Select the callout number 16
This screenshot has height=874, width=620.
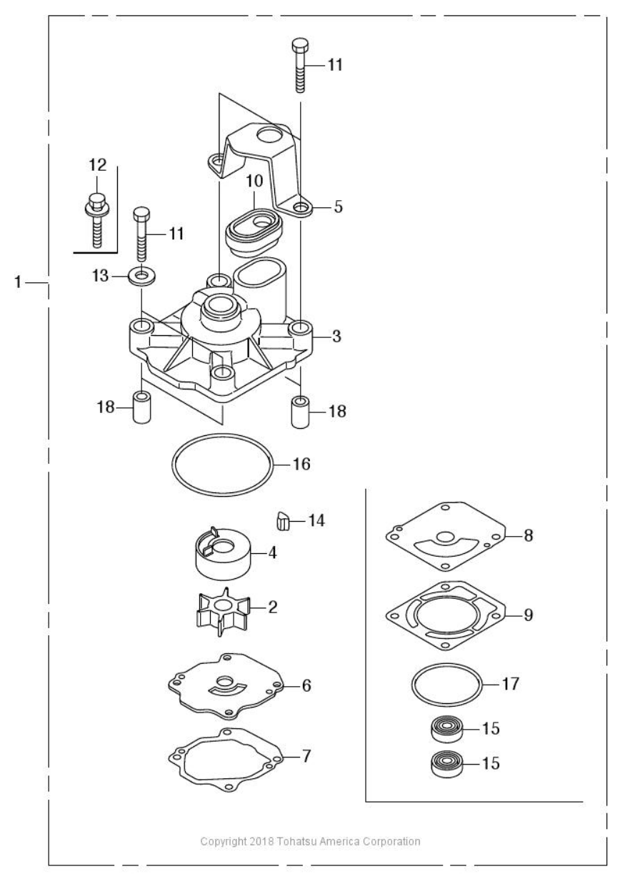coord(301,464)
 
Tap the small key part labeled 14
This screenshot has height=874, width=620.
coord(284,521)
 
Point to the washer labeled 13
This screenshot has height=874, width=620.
coord(141,275)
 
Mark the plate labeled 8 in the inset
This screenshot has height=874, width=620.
coord(446,535)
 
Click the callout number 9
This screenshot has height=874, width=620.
coord(527,615)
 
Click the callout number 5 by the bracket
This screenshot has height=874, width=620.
coord(338,207)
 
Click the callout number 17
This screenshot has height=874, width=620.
coord(510,684)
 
